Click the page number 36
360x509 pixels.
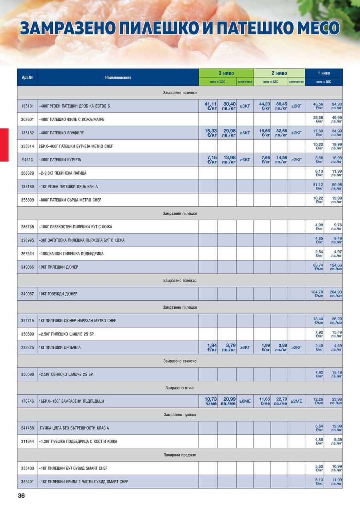[21, 496]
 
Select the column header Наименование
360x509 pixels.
[118, 78]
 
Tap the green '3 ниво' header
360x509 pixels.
[226, 73]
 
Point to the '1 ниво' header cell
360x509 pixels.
[324, 73]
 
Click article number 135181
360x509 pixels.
[27, 106]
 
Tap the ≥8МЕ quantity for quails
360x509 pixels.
[245, 401]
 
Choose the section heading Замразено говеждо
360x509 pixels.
[180, 281]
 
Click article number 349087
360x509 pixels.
[27, 294]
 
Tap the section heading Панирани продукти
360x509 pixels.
[180, 455]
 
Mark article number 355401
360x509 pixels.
[27, 482]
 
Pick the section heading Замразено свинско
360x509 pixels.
[180, 361]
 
